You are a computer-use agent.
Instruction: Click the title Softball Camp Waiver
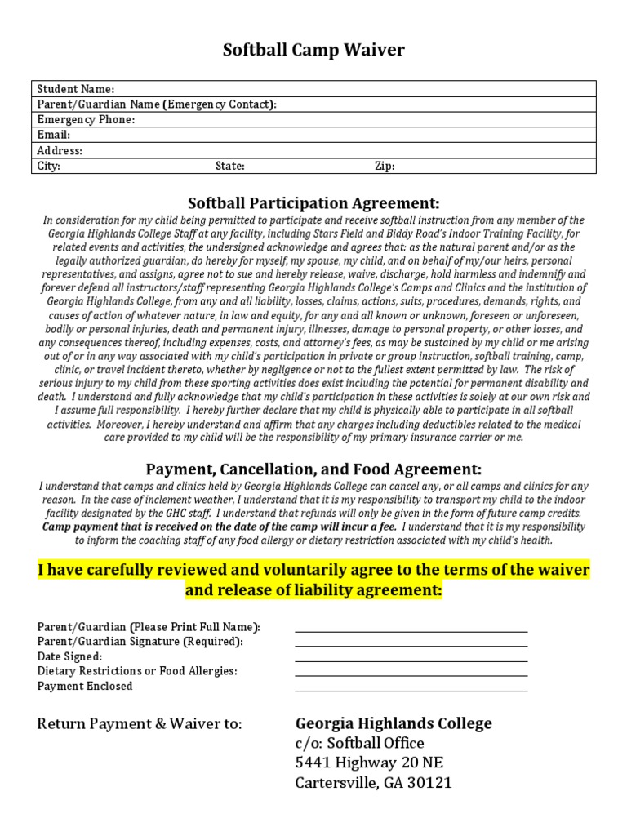click(313, 51)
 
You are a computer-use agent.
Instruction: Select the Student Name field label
click(76, 89)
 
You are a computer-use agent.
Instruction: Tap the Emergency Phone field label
click(86, 120)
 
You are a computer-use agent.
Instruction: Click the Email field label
click(54, 136)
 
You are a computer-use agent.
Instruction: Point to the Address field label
click(60, 151)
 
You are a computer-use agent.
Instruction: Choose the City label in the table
click(49, 167)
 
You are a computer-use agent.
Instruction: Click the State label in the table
click(229, 167)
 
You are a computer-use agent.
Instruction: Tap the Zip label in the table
click(385, 167)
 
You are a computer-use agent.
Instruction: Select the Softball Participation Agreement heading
click(313, 203)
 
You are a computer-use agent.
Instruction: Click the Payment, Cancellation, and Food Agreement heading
click(313, 469)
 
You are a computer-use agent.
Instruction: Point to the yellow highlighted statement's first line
click(313, 569)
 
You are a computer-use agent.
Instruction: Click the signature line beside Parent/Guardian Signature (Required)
click(411, 646)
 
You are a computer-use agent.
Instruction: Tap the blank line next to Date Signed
click(411, 660)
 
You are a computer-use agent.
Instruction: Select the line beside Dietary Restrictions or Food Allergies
click(411, 675)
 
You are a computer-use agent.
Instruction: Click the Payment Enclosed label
click(85, 687)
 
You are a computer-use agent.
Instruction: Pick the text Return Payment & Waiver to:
click(140, 724)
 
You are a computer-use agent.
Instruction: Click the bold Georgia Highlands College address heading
click(393, 724)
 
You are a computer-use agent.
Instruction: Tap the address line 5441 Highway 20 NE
click(369, 763)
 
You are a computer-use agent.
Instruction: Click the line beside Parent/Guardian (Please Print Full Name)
click(411, 631)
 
